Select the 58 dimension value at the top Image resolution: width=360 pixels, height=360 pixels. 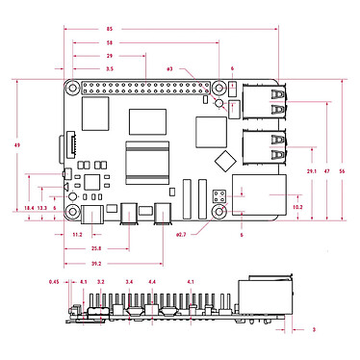(109, 43)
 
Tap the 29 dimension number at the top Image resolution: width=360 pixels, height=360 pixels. (109, 57)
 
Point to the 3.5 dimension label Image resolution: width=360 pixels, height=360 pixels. (109, 70)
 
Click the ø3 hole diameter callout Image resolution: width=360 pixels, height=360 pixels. (169, 70)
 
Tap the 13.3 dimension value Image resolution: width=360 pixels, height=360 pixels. (41, 208)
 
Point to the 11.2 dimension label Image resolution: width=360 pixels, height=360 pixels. (78, 234)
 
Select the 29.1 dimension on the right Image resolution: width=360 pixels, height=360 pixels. (311, 170)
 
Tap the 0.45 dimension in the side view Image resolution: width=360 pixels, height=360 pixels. (55, 281)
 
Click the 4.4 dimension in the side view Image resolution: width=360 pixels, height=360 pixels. (152, 281)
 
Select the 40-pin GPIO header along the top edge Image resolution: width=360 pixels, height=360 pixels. (144, 89)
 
